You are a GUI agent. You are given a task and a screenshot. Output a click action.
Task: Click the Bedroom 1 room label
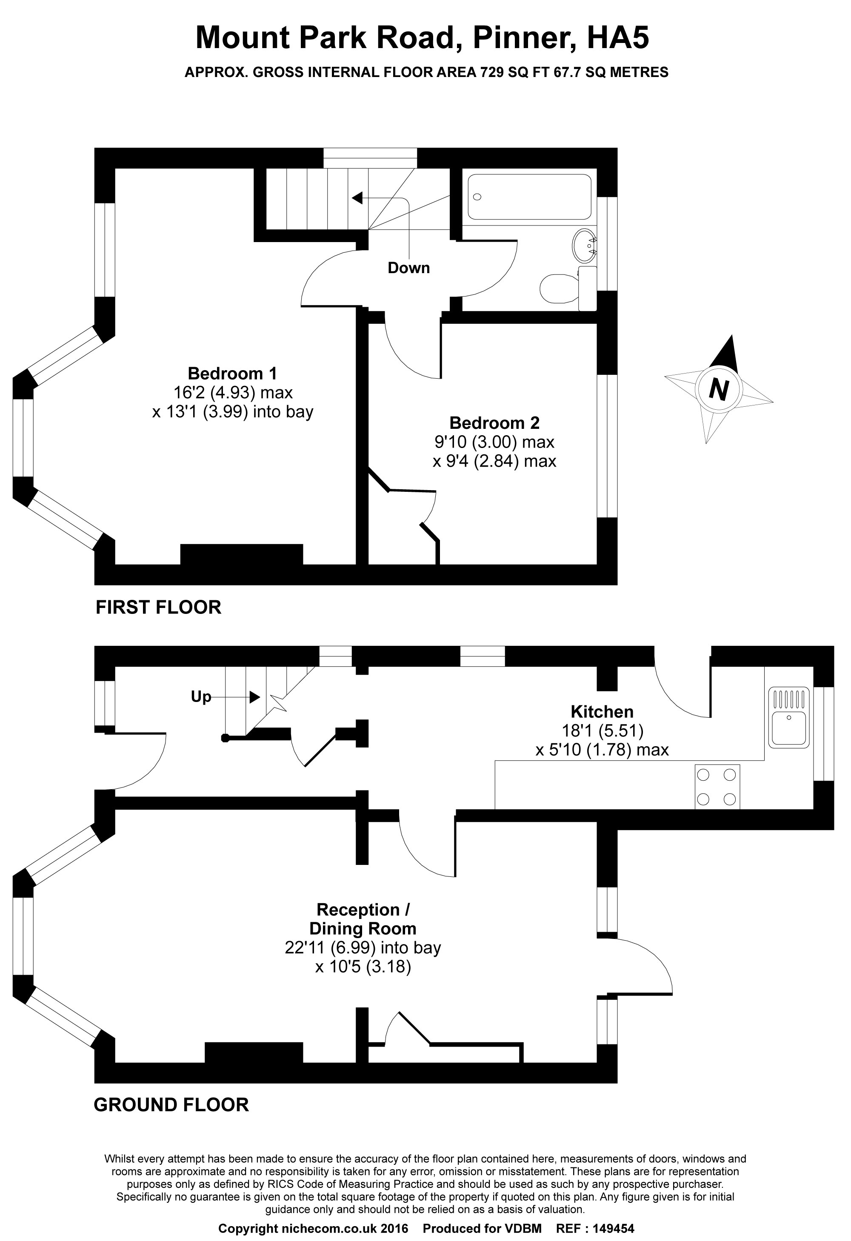[x=232, y=373]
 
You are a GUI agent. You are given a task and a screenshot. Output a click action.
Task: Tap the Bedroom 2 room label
[x=494, y=423]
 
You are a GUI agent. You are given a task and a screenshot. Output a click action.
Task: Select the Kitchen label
[x=602, y=711]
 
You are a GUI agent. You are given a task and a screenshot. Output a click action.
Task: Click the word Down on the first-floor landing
[x=408, y=268]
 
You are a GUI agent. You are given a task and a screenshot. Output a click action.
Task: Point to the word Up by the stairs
[x=201, y=697]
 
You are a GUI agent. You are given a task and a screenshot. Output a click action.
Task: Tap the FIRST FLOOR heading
[x=158, y=607]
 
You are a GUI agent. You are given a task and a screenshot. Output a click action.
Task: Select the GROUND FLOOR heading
[x=171, y=1104]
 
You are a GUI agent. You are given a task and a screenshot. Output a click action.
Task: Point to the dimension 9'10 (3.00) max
[x=494, y=442]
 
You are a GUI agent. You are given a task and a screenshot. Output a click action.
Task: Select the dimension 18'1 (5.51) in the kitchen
[x=602, y=730]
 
